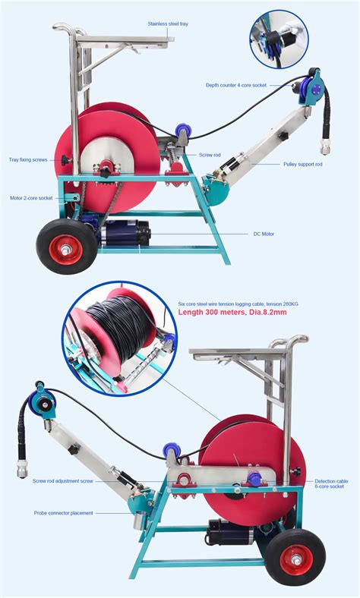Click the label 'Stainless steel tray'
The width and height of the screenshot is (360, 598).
pyautogui.click(x=168, y=24)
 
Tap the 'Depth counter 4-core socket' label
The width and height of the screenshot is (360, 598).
pyautogui.click(x=236, y=86)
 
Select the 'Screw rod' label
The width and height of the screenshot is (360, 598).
pyautogui.click(x=210, y=155)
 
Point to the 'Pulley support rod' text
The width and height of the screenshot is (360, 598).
pyautogui.click(x=303, y=165)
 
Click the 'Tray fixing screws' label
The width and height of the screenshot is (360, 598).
pyautogui.click(x=28, y=160)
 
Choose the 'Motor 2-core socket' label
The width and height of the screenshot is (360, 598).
pyautogui.click(x=31, y=198)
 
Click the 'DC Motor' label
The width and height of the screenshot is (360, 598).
pyautogui.click(x=264, y=234)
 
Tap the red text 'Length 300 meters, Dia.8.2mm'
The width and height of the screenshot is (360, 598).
pyautogui.click(x=232, y=313)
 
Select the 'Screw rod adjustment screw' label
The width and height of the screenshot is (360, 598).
pyautogui.click(x=62, y=481)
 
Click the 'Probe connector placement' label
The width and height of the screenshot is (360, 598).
pyautogui.click(x=63, y=513)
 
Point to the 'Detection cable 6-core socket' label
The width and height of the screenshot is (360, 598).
pyautogui.click(x=331, y=483)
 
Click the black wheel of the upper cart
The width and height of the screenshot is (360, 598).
pyautogui.click(x=67, y=247)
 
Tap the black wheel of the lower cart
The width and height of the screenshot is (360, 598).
pyautogui.click(x=295, y=558)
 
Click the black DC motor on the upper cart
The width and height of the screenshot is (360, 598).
pyautogui.click(x=126, y=232)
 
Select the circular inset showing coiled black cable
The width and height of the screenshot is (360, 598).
pyautogui.click(x=119, y=338)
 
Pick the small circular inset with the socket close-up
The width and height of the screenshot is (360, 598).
pyautogui.click(x=279, y=39)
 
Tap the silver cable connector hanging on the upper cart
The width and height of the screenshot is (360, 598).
pyautogui.click(x=326, y=146)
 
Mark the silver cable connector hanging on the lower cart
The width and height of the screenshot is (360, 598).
pyautogui.click(x=22, y=468)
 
